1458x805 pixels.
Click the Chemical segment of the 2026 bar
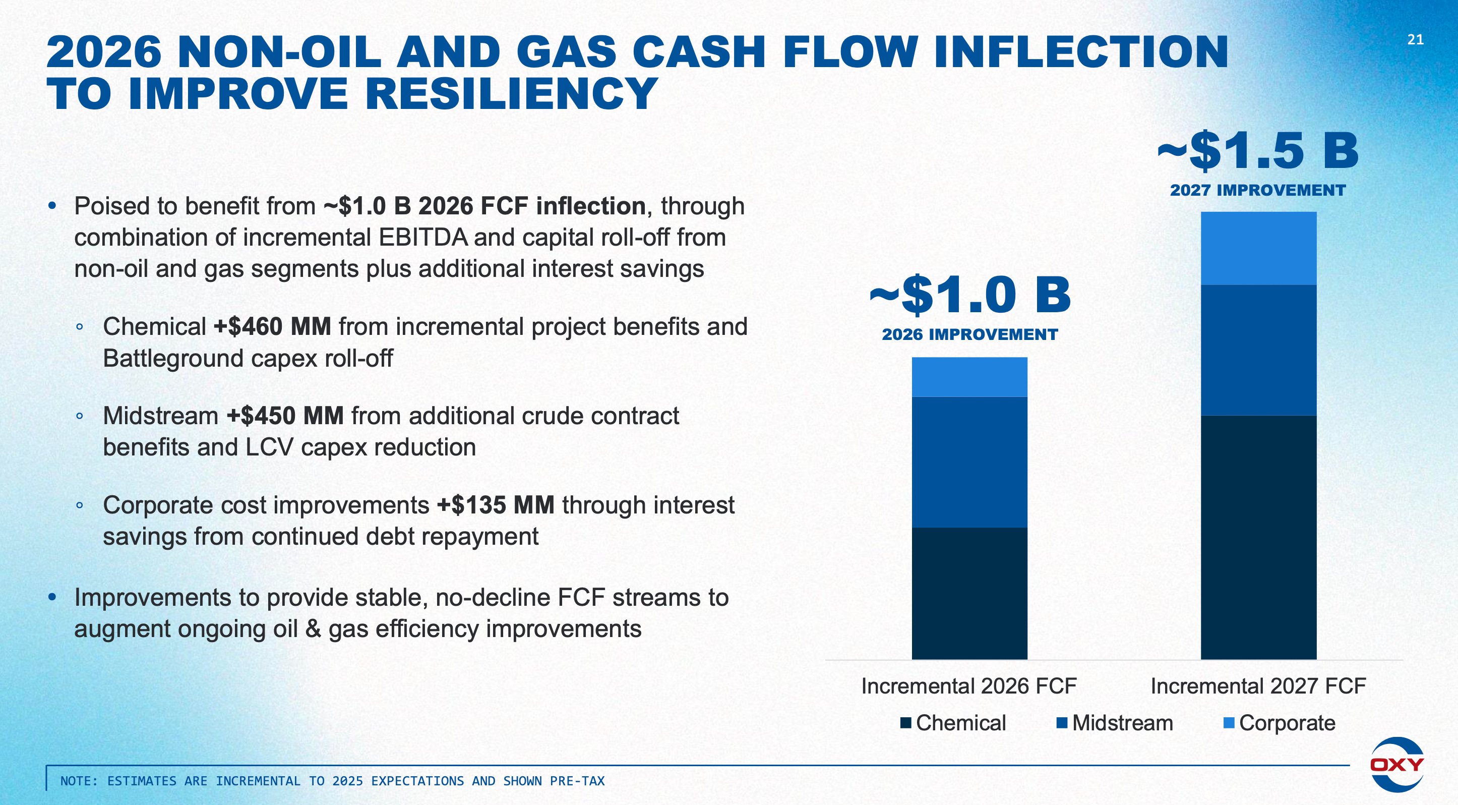coord(969,593)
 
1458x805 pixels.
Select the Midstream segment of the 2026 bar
coord(969,462)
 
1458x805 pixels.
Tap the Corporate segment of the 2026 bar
coord(969,376)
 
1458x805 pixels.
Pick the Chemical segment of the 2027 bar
coord(1258,537)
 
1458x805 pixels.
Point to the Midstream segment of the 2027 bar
coord(1258,350)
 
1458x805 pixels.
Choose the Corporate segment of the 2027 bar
coord(1258,248)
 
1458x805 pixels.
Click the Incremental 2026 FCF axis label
coord(968,686)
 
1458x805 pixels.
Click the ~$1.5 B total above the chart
coord(1258,151)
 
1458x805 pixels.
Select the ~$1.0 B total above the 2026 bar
coord(969,295)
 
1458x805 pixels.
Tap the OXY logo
coord(1396,764)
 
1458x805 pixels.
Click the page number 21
coord(1415,40)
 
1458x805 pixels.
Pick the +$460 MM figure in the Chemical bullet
coord(272,327)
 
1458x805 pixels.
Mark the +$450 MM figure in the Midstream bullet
coord(285,416)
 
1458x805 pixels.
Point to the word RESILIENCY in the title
coord(511,93)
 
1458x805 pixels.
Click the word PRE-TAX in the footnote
coord(577,781)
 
